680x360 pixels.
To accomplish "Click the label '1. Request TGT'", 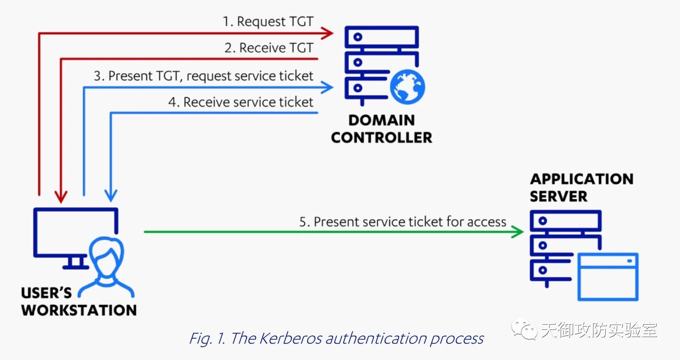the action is pyautogui.click(x=268, y=21).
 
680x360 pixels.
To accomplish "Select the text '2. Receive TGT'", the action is pyautogui.click(x=269, y=48).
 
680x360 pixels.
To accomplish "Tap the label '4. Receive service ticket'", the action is pyautogui.click(x=241, y=102).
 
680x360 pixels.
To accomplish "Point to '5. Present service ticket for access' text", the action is pyautogui.click(x=402, y=222).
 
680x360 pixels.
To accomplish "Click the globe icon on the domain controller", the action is pyautogui.click(x=408, y=87).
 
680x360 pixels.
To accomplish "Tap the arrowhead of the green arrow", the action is pyautogui.click(x=517, y=232).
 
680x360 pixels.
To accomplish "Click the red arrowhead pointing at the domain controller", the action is pyautogui.click(x=327, y=33).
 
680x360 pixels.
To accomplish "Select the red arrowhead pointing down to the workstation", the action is pyautogui.click(x=61, y=197).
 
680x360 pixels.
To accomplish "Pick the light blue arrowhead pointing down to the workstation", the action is pyautogui.click(x=111, y=195).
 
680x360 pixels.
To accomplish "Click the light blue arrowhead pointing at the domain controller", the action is pyautogui.click(x=327, y=87).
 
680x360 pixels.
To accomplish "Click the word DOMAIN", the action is pyautogui.click(x=381, y=120).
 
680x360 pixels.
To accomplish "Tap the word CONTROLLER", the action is pyautogui.click(x=381, y=138).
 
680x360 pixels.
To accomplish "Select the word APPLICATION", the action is pyautogui.click(x=582, y=179).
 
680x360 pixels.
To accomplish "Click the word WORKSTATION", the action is pyautogui.click(x=79, y=310).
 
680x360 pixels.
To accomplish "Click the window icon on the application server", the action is pyautogui.click(x=608, y=277).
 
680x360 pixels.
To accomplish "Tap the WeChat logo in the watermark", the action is pyautogui.click(x=524, y=329).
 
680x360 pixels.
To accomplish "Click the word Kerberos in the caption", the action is pyautogui.click(x=290, y=338).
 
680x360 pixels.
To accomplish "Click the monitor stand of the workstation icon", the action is pyautogui.click(x=76, y=263).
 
